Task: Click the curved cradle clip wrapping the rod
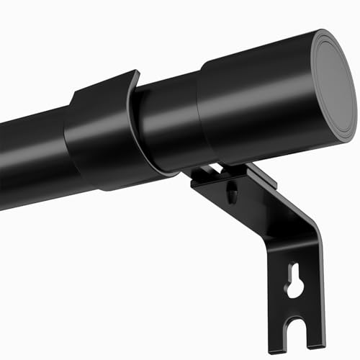point(101,137)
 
